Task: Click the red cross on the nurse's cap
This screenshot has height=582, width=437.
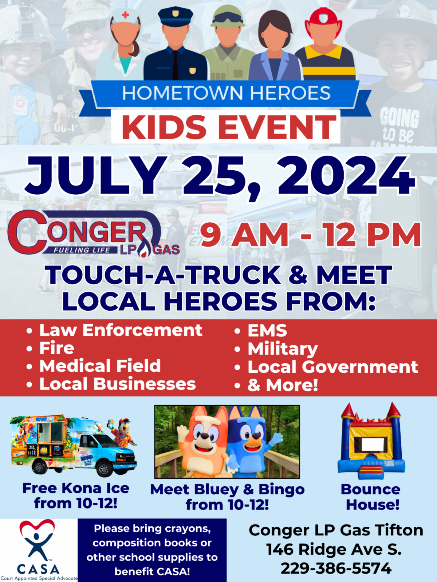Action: [x=125, y=15]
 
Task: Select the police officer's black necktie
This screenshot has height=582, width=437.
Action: [x=176, y=65]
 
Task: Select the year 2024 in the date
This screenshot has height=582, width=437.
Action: [x=346, y=176]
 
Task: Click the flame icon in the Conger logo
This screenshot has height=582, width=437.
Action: [x=144, y=250]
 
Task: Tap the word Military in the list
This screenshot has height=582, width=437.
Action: [x=283, y=349]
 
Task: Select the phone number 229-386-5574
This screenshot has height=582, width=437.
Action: [x=336, y=568]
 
